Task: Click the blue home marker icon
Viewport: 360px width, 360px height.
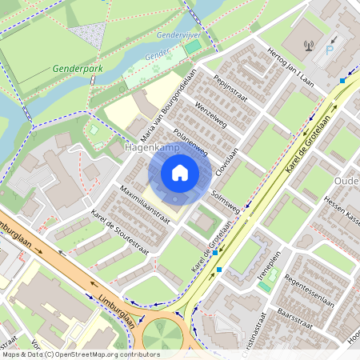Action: point(180,173)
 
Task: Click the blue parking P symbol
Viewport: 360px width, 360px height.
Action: point(330,50)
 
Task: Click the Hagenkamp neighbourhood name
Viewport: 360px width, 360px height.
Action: point(150,148)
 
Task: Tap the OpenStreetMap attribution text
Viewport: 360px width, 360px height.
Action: point(80,354)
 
